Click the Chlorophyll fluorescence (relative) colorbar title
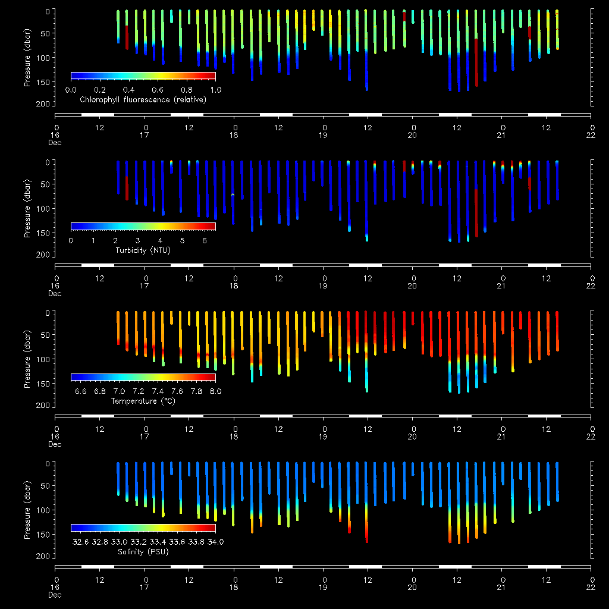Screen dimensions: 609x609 click(143, 100)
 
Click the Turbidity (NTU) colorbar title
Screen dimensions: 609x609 click(143, 250)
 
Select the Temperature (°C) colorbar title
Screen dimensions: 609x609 click(143, 401)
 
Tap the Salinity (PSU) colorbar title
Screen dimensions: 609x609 click(143, 552)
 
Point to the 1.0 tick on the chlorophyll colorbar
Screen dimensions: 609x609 click(215, 90)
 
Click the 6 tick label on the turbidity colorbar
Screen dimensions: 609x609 click(204, 240)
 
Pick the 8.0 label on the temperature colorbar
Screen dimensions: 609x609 click(215, 391)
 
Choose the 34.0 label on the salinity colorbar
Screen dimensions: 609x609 click(214, 542)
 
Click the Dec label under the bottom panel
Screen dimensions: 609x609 click(55, 594)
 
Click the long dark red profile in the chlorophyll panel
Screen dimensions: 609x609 click(476, 62)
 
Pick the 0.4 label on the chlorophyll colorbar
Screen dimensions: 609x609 click(128, 90)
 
